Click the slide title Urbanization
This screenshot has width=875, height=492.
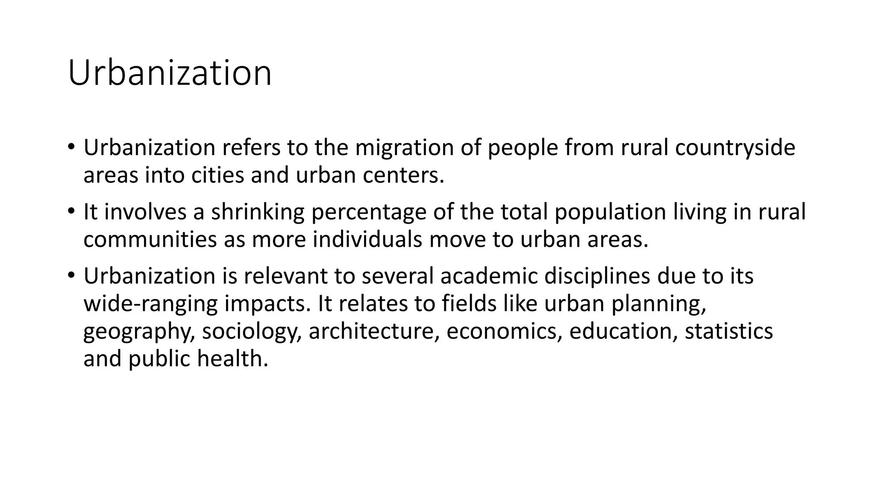click(170, 73)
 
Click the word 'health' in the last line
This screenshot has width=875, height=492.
click(232, 359)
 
